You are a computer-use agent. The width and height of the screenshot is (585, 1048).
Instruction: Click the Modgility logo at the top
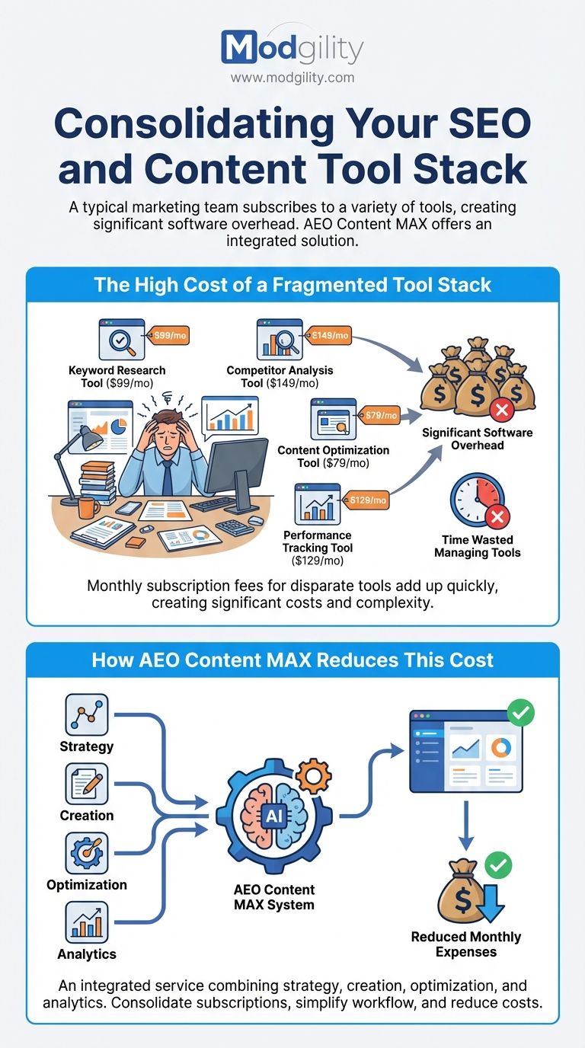292,48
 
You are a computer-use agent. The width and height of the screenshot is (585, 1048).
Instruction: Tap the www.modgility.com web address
292,78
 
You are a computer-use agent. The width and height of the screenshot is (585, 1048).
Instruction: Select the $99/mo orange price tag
172,335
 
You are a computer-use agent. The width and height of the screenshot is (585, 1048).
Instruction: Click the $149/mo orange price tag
330,335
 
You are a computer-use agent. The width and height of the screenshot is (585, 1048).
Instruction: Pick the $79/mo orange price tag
381,415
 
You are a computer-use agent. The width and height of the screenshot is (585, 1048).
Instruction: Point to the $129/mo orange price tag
368,500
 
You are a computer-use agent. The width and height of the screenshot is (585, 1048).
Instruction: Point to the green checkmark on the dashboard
521,714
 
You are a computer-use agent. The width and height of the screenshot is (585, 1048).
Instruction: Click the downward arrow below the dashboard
465,827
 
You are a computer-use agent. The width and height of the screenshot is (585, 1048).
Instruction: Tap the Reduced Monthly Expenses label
466,944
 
